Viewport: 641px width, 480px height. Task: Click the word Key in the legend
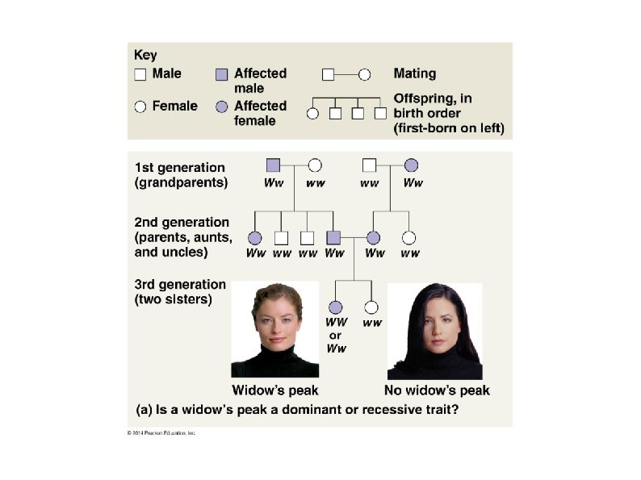pyautogui.click(x=145, y=56)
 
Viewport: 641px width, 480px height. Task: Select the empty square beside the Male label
pyautogui.click(x=140, y=74)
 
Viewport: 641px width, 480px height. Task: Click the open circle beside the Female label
pyautogui.click(x=140, y=106)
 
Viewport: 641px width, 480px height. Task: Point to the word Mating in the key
pyautogui.click(x=414, y=73)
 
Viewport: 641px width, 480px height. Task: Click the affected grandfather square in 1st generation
pyautogui.click(x=273, y=165)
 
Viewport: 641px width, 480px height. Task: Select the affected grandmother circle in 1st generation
pyautogui.click(x=411, y=165)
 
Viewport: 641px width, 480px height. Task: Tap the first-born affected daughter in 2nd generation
pyautogui.click(x=255, y=238)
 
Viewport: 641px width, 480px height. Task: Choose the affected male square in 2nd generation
pyautogui.click(x=333, y=238)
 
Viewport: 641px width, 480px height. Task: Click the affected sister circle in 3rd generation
pyautogui.click(x=336, y=307)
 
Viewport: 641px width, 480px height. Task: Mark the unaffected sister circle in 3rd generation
pyautogui.click(x=371, y=307)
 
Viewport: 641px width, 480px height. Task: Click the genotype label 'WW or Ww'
pyautogui.click(x=336, y=335)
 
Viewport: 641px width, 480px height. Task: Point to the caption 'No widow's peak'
pyautogui.click(x=437, y=390)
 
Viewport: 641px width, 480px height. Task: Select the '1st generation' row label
pyautogui.click(x=179, y=168)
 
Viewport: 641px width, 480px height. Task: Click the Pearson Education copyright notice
pyautogui.click(x=161, y=433)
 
